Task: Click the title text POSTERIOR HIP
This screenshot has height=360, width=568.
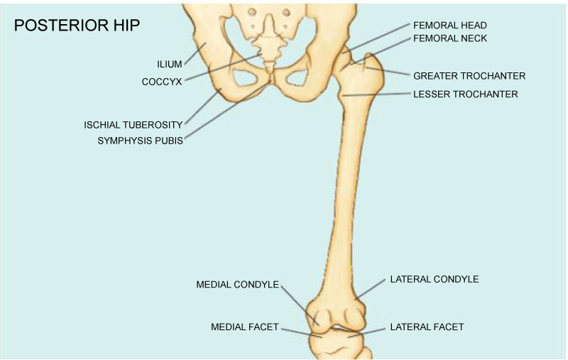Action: coord(77,26)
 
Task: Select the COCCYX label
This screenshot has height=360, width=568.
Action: coord(162,82)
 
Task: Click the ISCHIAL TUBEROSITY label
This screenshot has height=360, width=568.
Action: coord(133,125)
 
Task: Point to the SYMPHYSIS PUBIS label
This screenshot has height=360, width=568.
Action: coord(140,141)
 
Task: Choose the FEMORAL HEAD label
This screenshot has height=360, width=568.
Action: coord(449,26)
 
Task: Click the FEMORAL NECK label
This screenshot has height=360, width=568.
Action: coord(449,38)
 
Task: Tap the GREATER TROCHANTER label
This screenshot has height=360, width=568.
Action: coord(469,75)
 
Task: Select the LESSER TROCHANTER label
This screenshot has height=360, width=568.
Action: coord(465,94)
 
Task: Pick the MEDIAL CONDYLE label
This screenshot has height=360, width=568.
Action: coord(237,285)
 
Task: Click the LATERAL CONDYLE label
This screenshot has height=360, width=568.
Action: coord(434,279)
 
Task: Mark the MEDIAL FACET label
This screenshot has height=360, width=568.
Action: coord(244,327)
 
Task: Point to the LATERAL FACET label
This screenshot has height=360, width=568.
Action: coord(427,327)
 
